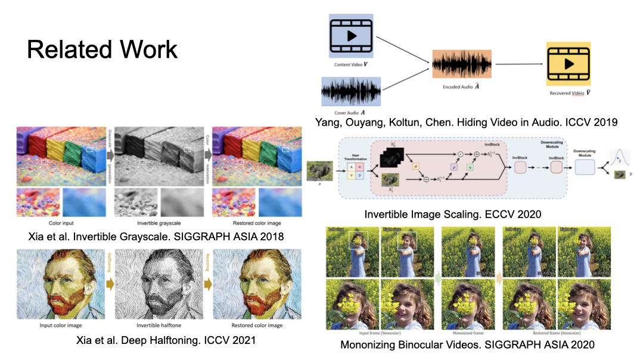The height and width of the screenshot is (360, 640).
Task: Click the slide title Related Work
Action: coord(102,49)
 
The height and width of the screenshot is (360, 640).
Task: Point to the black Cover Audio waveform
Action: coord(350,92)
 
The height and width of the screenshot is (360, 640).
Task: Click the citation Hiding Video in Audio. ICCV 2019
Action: coord(465,122)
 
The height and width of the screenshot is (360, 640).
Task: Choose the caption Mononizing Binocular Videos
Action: coord(467,345)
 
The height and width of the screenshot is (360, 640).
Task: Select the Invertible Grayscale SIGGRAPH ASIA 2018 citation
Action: coord(156,237)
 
